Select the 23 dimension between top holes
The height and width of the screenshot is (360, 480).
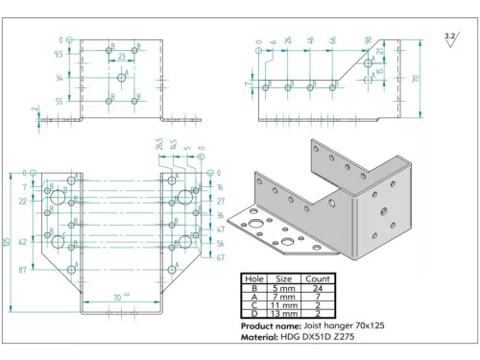click(x=121, y=58)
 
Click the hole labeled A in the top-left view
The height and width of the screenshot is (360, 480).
click(x=121, y=78)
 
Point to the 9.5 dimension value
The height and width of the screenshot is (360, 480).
click(x=59, y=56)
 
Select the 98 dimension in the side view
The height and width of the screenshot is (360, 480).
click(x=368, y=40)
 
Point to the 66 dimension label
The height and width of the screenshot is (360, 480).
click(x=332, y=40)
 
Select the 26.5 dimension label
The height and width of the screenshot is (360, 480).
click(x=158, y=145)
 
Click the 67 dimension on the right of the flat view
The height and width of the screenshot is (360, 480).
click(x=219, y=257)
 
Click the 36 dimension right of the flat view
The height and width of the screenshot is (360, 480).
click(x=219, y=216)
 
